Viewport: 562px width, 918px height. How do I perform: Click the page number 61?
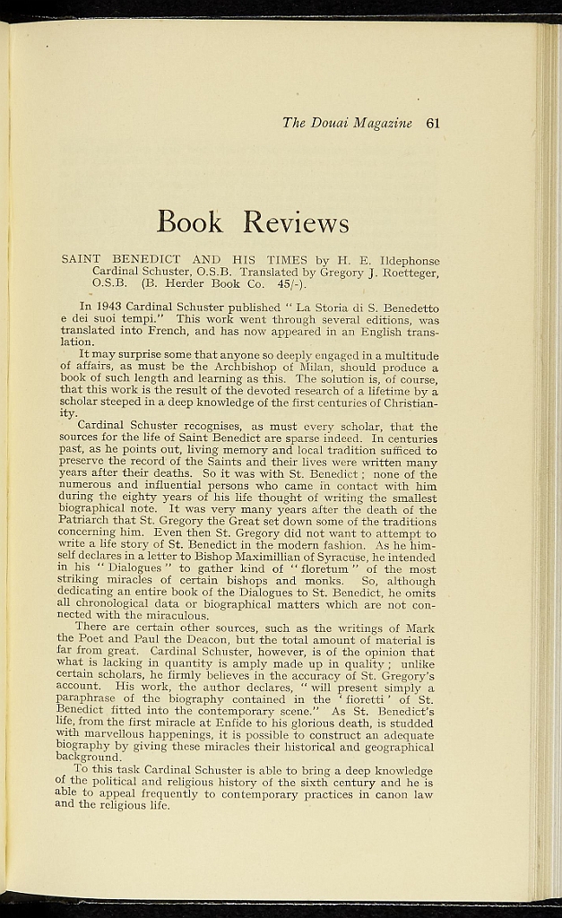pyautogui.click(x=433, y=124)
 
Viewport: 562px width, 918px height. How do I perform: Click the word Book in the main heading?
pyautogui.click(x=189, y=221)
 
